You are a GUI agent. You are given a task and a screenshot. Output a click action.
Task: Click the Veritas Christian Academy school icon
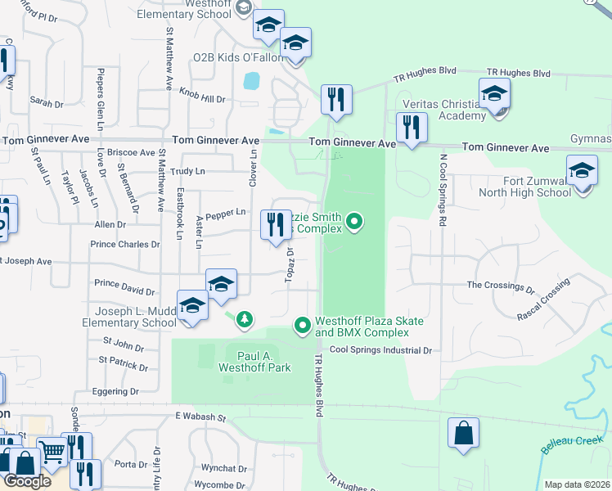click(x=494, y=94)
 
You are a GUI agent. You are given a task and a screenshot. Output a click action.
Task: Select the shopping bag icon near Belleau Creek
click(x=464, y=434)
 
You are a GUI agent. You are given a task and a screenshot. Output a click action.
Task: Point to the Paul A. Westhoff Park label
click(x=253, y=362)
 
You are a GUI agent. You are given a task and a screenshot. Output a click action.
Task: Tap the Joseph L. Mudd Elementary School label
click(x=124, y=317)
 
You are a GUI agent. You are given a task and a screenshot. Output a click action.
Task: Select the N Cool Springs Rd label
click(x=443, y=190)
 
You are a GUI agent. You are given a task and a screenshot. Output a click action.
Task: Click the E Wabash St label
click(x=200, y=417)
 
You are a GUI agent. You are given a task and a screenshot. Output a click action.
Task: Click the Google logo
click(x=27, y=481)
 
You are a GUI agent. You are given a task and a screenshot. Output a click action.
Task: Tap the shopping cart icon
click(x=52, y=451)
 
